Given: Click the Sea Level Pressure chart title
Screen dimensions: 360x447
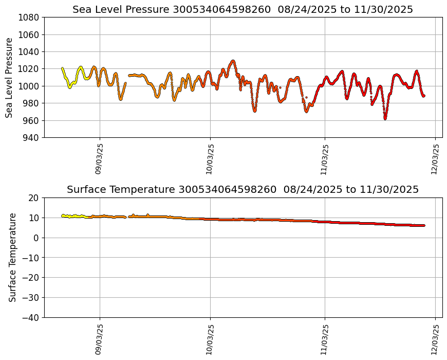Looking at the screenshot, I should (243, 9).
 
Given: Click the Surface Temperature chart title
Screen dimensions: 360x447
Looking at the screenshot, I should (243, 189).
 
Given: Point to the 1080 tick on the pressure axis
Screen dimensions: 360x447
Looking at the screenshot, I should (30, 17).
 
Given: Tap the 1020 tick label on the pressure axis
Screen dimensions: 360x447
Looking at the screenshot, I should (30, 69).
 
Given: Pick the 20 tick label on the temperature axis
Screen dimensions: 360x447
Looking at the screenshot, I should (34, 198).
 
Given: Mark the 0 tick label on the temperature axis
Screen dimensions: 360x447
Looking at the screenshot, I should (37, 238).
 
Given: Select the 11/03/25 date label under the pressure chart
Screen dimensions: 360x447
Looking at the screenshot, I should (324, 159).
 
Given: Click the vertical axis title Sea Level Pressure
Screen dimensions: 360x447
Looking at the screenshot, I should (9, 77).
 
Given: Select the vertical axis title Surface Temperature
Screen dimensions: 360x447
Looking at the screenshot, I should (12, 257).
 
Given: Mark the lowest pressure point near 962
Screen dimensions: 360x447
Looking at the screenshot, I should (385, 118).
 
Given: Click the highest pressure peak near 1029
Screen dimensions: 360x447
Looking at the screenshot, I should (233, 61).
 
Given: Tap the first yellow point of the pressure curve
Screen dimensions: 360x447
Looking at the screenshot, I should (62, 68).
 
